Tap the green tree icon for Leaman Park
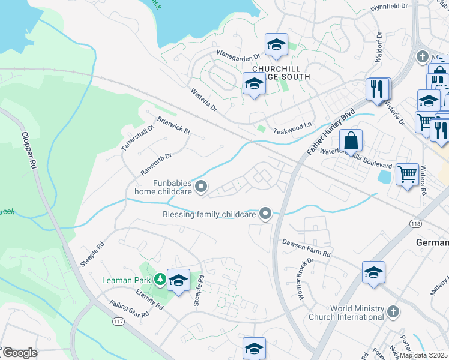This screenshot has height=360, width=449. pyautogui.click(x=159, y=279)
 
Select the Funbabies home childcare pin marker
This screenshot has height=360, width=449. pyautogui.click(x=202, y=188)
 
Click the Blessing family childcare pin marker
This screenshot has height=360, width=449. pyautogui.click(x=265, y=214)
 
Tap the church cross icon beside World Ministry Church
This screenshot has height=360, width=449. pyautogui.click(x=393, y=312)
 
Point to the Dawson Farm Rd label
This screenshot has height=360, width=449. pyautogui.click(x=306, y=248)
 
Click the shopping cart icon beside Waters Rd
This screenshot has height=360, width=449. pyautogui.click(x=408, y=175)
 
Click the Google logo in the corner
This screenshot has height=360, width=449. pyautogui.click(x=20, y=353)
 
